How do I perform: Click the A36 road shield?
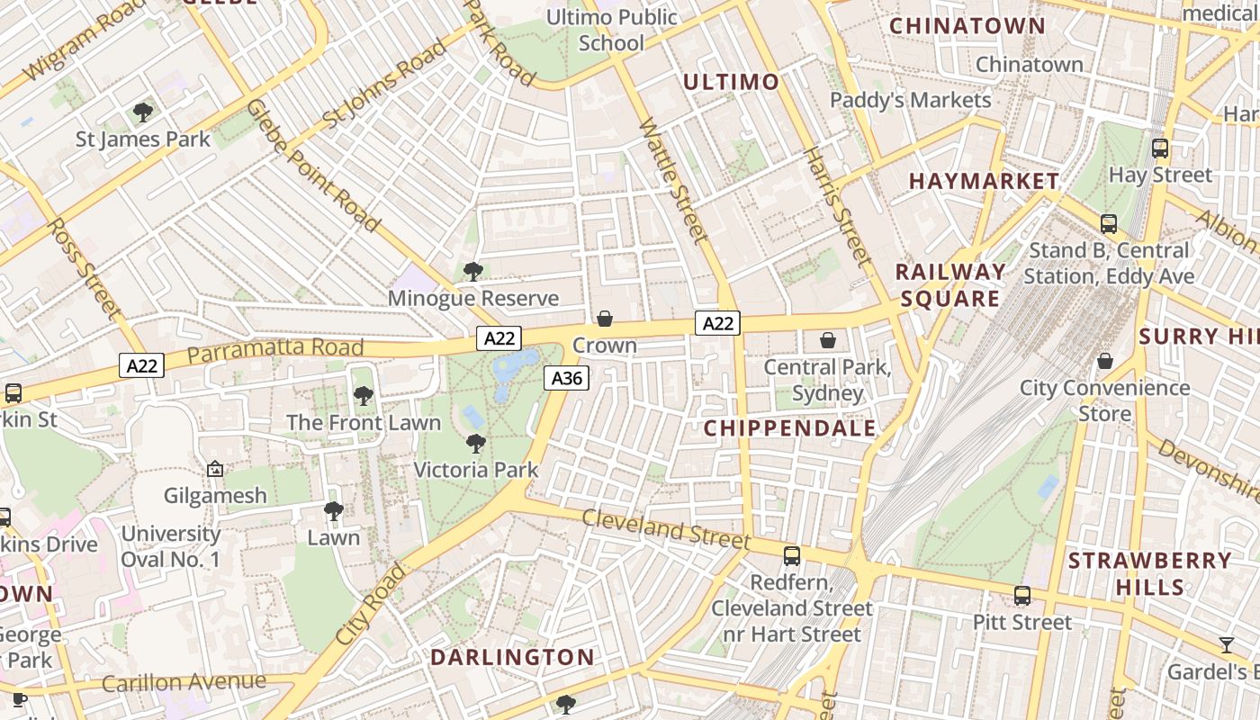click(566, 379)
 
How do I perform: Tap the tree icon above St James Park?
click(142, 112)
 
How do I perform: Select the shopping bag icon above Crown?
click(605, 319)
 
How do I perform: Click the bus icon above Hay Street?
click(1160, 148)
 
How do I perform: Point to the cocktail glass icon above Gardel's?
click(1227, 644)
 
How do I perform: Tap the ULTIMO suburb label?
click(731, 83)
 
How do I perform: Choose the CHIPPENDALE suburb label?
click(789, 428)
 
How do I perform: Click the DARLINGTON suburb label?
click(512, 657)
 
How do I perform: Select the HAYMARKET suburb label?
click(984, 181)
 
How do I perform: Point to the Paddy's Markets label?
click(910, 100)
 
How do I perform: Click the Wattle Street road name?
click(672, 180)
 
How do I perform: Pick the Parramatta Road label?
click(275, 351)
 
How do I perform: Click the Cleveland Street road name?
click(665, 528)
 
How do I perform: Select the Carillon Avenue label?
click(184, 682)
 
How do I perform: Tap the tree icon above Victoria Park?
click(476, 443)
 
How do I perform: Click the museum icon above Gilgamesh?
click(215, 469)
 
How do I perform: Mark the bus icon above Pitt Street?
click(1022, 596)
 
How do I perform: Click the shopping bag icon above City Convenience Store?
click(1105, 361)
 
